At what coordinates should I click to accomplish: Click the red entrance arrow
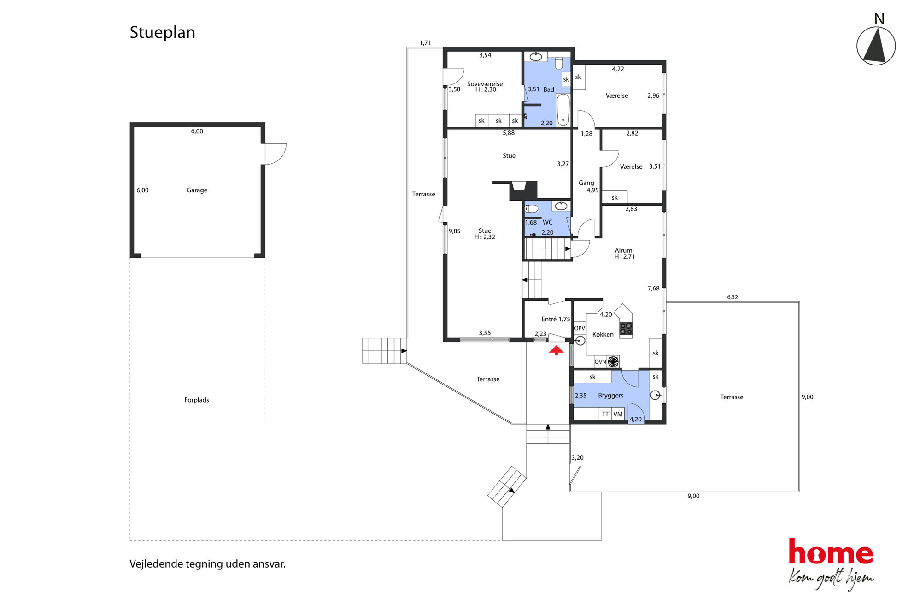coord(556,351)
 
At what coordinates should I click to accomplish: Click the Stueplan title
coord(162,33)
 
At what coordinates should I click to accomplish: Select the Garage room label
coord(197,190)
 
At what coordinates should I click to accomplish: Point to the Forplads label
coord(197,400)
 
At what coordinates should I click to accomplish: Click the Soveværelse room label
coord(485,84)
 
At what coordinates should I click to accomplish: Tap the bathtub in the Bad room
coord(563,110)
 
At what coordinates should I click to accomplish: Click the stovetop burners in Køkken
coord(626,328)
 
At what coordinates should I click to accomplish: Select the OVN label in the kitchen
coord(600,362)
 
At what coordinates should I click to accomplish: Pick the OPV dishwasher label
coord(580,328)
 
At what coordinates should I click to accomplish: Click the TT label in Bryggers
coord(605,414)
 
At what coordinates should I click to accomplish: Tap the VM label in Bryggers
coord(618,414)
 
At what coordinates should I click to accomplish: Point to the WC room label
coord(547,222)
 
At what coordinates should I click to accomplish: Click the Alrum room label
coord(623,250)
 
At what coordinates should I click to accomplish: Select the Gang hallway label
coord(586,183)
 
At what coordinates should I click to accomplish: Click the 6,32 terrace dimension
coord(732,297)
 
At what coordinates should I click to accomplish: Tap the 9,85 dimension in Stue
coord(455,231)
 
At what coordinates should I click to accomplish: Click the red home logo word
coord(831,552)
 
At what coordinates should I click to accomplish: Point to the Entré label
coord(549,319)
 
